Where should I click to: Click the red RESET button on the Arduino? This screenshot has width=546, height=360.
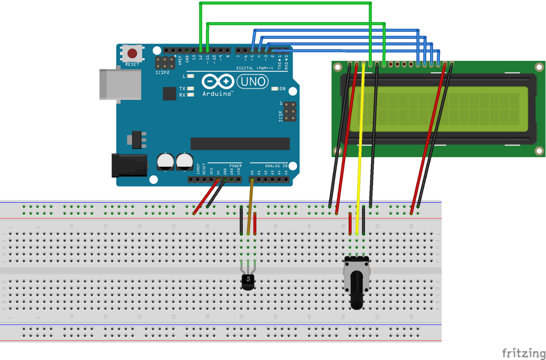[132, 53]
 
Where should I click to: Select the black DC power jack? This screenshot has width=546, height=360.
[129, 165]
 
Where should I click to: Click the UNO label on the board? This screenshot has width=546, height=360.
[253, 82]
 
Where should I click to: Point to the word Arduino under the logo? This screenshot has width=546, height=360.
[217, 94]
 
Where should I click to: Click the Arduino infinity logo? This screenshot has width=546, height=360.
[218, 81]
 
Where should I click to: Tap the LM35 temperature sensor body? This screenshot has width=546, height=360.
[248, 282]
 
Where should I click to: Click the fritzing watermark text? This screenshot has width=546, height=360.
[523, 353]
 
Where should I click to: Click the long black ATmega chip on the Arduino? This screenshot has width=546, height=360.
[240, 144]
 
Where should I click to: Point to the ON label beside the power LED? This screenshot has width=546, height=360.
[282, 89]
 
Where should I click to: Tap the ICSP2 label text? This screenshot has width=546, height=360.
[163, 73]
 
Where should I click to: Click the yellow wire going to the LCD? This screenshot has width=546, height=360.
[360, 153]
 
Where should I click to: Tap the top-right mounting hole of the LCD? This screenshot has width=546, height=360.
[539, 68]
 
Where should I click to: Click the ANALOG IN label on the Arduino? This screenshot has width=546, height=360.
[276, 166]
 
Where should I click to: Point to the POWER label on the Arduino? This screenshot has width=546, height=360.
[235, 166]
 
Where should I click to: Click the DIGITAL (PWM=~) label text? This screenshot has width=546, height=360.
[254, 68]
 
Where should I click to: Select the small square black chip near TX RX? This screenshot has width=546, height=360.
[169, 94]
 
